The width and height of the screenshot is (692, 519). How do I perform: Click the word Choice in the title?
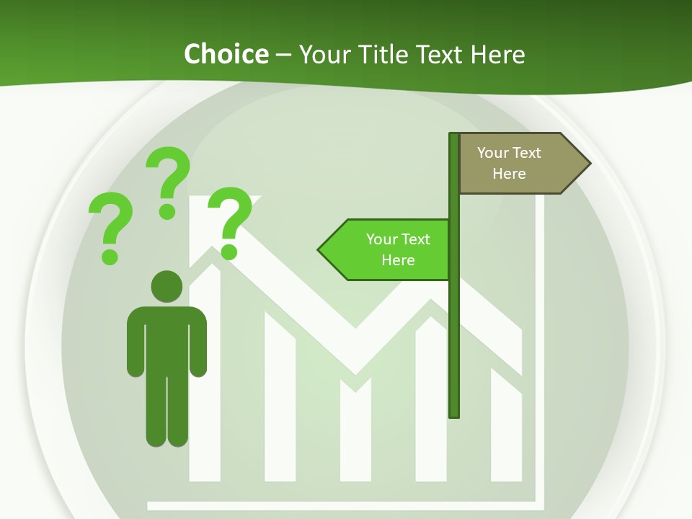coord(226,54)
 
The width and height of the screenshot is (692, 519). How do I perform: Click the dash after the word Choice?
coord(283,56)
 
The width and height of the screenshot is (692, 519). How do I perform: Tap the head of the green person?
coord(167,286)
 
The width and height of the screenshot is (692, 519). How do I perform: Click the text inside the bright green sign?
coord(398,249)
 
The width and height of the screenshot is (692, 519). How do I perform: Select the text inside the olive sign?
coord(509,163)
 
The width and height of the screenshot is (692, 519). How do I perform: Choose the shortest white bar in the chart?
coord(355,432)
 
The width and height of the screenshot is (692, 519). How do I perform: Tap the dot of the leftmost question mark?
coord(110,257)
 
